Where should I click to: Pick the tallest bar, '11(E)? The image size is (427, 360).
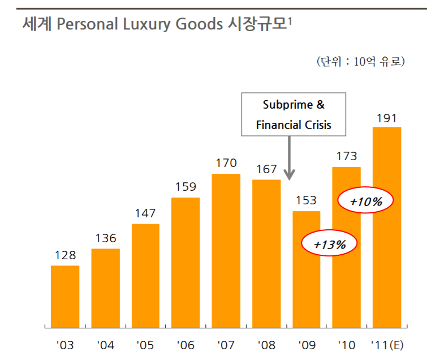386,226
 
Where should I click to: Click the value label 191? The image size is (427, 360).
386,118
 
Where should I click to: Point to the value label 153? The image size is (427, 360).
306,200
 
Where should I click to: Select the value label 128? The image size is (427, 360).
65,255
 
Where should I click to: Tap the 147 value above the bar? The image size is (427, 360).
145,213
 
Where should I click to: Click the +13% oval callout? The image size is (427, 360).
330,244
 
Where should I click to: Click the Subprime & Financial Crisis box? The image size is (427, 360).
294,115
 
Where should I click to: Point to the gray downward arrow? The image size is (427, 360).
289,158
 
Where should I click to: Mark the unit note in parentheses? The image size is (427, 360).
360,62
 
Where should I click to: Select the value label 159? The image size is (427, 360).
186,186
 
